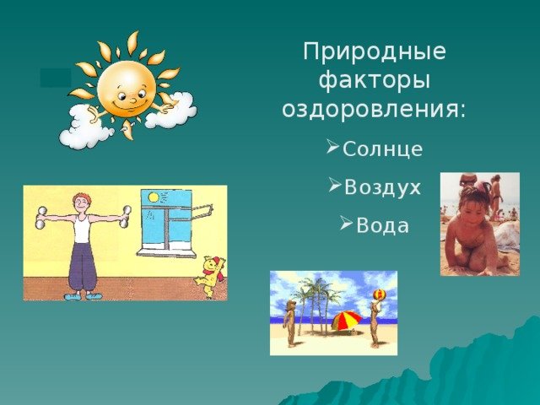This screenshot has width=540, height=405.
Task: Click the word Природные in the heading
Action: click(375, 52)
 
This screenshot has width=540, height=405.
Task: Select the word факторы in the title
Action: click(375, 82)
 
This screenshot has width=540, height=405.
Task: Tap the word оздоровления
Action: click(374, 110)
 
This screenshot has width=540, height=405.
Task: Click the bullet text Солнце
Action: click(382, 149)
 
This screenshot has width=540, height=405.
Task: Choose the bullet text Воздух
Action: click(382, 187)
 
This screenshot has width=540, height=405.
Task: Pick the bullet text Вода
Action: click(382, 226)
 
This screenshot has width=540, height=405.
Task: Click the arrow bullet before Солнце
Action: click(333, 146)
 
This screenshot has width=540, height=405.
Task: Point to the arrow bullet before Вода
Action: click(347, 223)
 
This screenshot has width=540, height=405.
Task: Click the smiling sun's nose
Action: click(133, 100)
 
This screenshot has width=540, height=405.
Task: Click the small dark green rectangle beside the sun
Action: click(56, 78)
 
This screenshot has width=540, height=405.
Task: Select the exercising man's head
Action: click(82, 204)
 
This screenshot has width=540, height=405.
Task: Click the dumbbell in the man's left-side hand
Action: click(40, 218)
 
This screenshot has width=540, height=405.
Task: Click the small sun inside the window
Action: click(153, 197)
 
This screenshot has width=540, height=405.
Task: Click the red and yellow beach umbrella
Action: click(347, 321)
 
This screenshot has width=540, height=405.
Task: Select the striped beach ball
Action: click(379, 294)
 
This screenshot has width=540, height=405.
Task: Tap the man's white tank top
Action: click(82, 229)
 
